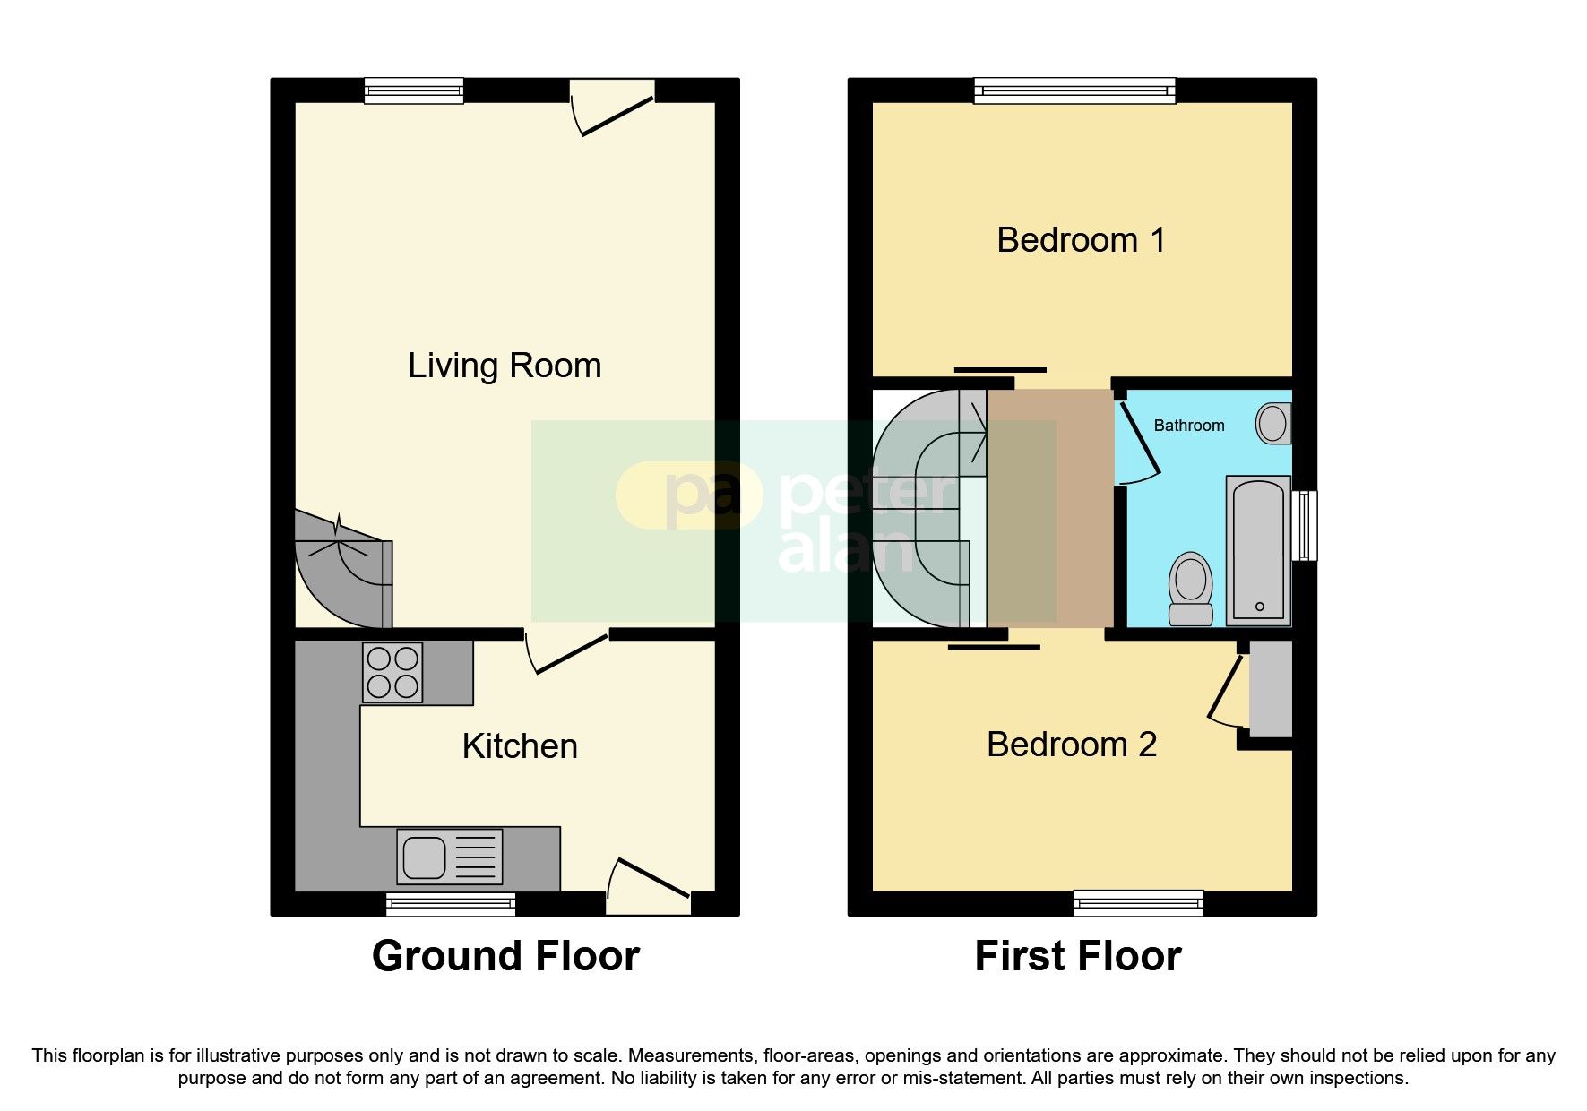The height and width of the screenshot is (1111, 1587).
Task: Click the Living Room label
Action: (x=505, y=366)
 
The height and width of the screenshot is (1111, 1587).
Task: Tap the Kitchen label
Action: (x=520, y=746)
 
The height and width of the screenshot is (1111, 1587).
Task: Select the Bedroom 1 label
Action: (x=1081, y=240)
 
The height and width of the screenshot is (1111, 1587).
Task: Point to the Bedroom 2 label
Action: (x=1072, y=745)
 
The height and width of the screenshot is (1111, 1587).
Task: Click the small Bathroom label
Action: (x=1188, y=426)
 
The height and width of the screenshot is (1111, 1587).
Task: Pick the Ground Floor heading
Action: (x=505, y=956)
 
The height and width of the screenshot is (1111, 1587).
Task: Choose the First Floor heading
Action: (x=1078, y=956)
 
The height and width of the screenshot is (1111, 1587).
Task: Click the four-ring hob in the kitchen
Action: (x=392, y=672)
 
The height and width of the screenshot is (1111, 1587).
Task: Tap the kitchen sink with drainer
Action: (x=450, y=857)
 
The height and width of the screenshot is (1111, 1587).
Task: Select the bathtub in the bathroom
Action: (x=1258, y=550)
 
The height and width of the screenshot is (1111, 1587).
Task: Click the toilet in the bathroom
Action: (x=1190, y=590)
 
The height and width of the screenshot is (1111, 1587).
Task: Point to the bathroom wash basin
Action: (x=1273, y=423)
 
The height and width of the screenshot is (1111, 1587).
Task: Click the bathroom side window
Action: (x=1307, y=525)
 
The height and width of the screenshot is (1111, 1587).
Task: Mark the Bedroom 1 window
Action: (x=1074, y=90)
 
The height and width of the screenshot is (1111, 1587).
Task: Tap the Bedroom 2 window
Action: (x=1138, y=903)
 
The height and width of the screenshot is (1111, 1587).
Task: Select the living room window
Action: (x=414, y=90)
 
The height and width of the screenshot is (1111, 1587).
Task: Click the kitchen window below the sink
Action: (x=451, y=903)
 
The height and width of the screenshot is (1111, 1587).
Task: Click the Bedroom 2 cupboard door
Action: (x=1226, y=688)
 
